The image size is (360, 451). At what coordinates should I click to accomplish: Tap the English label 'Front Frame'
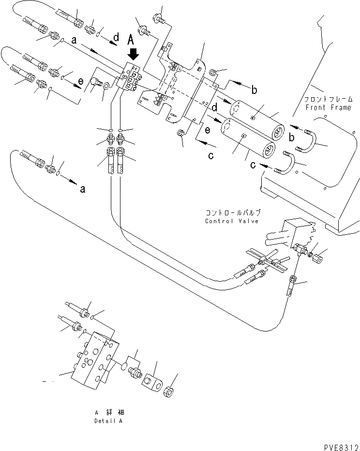[328, 107]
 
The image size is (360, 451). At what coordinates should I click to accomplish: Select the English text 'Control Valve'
[232, 221]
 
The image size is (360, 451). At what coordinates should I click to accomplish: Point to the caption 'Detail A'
[108, 421]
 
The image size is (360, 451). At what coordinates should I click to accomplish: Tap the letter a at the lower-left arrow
[82, 189]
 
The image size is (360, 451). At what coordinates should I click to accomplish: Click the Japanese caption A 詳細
[109, 412]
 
